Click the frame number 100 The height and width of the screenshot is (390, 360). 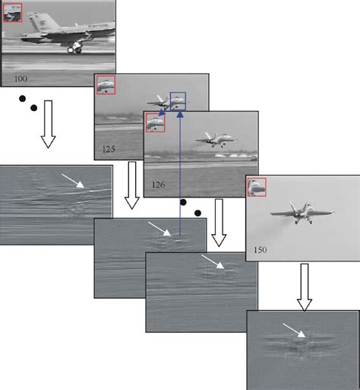(x=21, y=78)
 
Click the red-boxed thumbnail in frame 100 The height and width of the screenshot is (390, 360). (x=12, y=12)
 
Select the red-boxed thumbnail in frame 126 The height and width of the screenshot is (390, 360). (x=156, y=122)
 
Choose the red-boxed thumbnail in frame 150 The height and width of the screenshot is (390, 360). (x=257, y=186)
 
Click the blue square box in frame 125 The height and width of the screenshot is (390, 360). (x=178, y=101)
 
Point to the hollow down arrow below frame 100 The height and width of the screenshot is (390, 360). (x=48, y=126)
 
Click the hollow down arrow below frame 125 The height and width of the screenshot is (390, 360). (x=132, y=186)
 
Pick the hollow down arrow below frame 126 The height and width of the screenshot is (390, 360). (x=219, y=227)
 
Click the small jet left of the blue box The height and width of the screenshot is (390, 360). (x=158, y=100)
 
